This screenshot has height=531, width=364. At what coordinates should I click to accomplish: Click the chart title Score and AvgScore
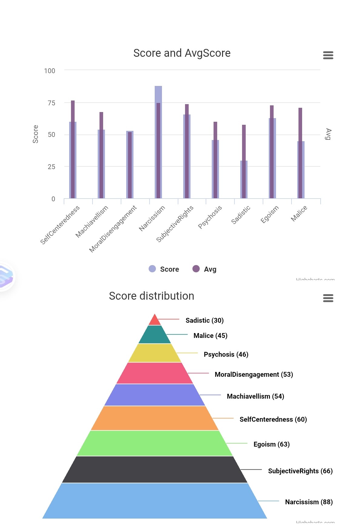click(182, 53)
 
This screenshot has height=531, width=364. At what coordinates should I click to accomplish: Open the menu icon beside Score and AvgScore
click(328, 55)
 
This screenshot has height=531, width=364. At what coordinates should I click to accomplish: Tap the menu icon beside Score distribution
click(328, 298)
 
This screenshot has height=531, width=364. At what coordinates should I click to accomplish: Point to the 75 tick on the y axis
click(51, 103)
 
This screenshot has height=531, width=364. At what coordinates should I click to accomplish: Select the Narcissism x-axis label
click(152, 218)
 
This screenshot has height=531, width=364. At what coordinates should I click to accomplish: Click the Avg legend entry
click(205, 269)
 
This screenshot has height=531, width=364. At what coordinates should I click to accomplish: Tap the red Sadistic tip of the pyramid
click(155, 321)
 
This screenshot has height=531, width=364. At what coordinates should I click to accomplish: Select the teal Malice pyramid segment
click(155, 335)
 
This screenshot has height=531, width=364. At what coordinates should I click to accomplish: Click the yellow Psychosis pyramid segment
click(155, 353)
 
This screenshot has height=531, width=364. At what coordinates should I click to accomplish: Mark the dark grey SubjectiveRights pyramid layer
click(155, 469)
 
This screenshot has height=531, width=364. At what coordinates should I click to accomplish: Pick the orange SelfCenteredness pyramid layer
click(155, 418)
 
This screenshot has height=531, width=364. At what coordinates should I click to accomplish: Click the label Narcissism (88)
click(309, 502)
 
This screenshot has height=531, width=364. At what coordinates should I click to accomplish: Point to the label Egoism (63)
click(271, 444)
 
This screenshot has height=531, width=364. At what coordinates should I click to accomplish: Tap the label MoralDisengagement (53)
click(254, 374)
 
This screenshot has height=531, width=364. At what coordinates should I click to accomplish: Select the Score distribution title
click(151, 296)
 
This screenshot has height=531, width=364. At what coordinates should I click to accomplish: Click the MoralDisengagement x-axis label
click(113, 229)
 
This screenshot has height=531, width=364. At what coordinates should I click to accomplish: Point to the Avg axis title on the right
click(328, 134)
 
